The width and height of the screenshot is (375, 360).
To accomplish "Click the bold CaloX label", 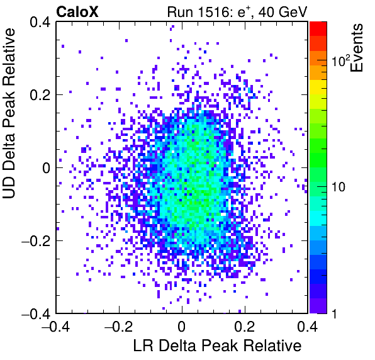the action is click(77, 12).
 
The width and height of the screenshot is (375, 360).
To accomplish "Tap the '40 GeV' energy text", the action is click(283, 12).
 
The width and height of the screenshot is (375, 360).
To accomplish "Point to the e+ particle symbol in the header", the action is click(243, 12).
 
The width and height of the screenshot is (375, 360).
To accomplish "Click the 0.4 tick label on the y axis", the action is click(40, 22).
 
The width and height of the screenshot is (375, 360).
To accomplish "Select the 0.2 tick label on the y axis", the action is click(40, 95).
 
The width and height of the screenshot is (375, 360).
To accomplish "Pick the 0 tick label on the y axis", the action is click(47, 168).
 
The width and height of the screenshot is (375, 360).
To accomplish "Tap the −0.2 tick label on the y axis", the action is click(36, 241).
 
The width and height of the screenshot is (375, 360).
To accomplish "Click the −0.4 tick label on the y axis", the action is click(36, 313).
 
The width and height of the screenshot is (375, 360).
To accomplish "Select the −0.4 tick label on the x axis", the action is click(56, 326).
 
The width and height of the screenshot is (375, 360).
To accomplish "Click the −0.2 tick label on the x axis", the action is click(119, 326).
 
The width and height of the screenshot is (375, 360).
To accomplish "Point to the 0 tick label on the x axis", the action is click(182, 326).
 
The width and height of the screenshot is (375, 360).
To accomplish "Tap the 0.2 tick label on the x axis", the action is click(245, 326).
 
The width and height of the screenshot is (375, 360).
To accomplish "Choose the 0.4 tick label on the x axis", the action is click(308, 326).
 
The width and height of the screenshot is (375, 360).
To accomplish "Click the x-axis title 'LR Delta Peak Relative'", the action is click(217, 346).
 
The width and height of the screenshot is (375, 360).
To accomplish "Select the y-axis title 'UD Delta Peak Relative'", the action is click(9, 113).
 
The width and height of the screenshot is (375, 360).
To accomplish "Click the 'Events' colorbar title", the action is click(357, 48).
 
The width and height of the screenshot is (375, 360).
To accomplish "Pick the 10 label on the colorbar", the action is click(339, 187).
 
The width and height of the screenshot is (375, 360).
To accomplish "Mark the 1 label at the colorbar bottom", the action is click(334, 313).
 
